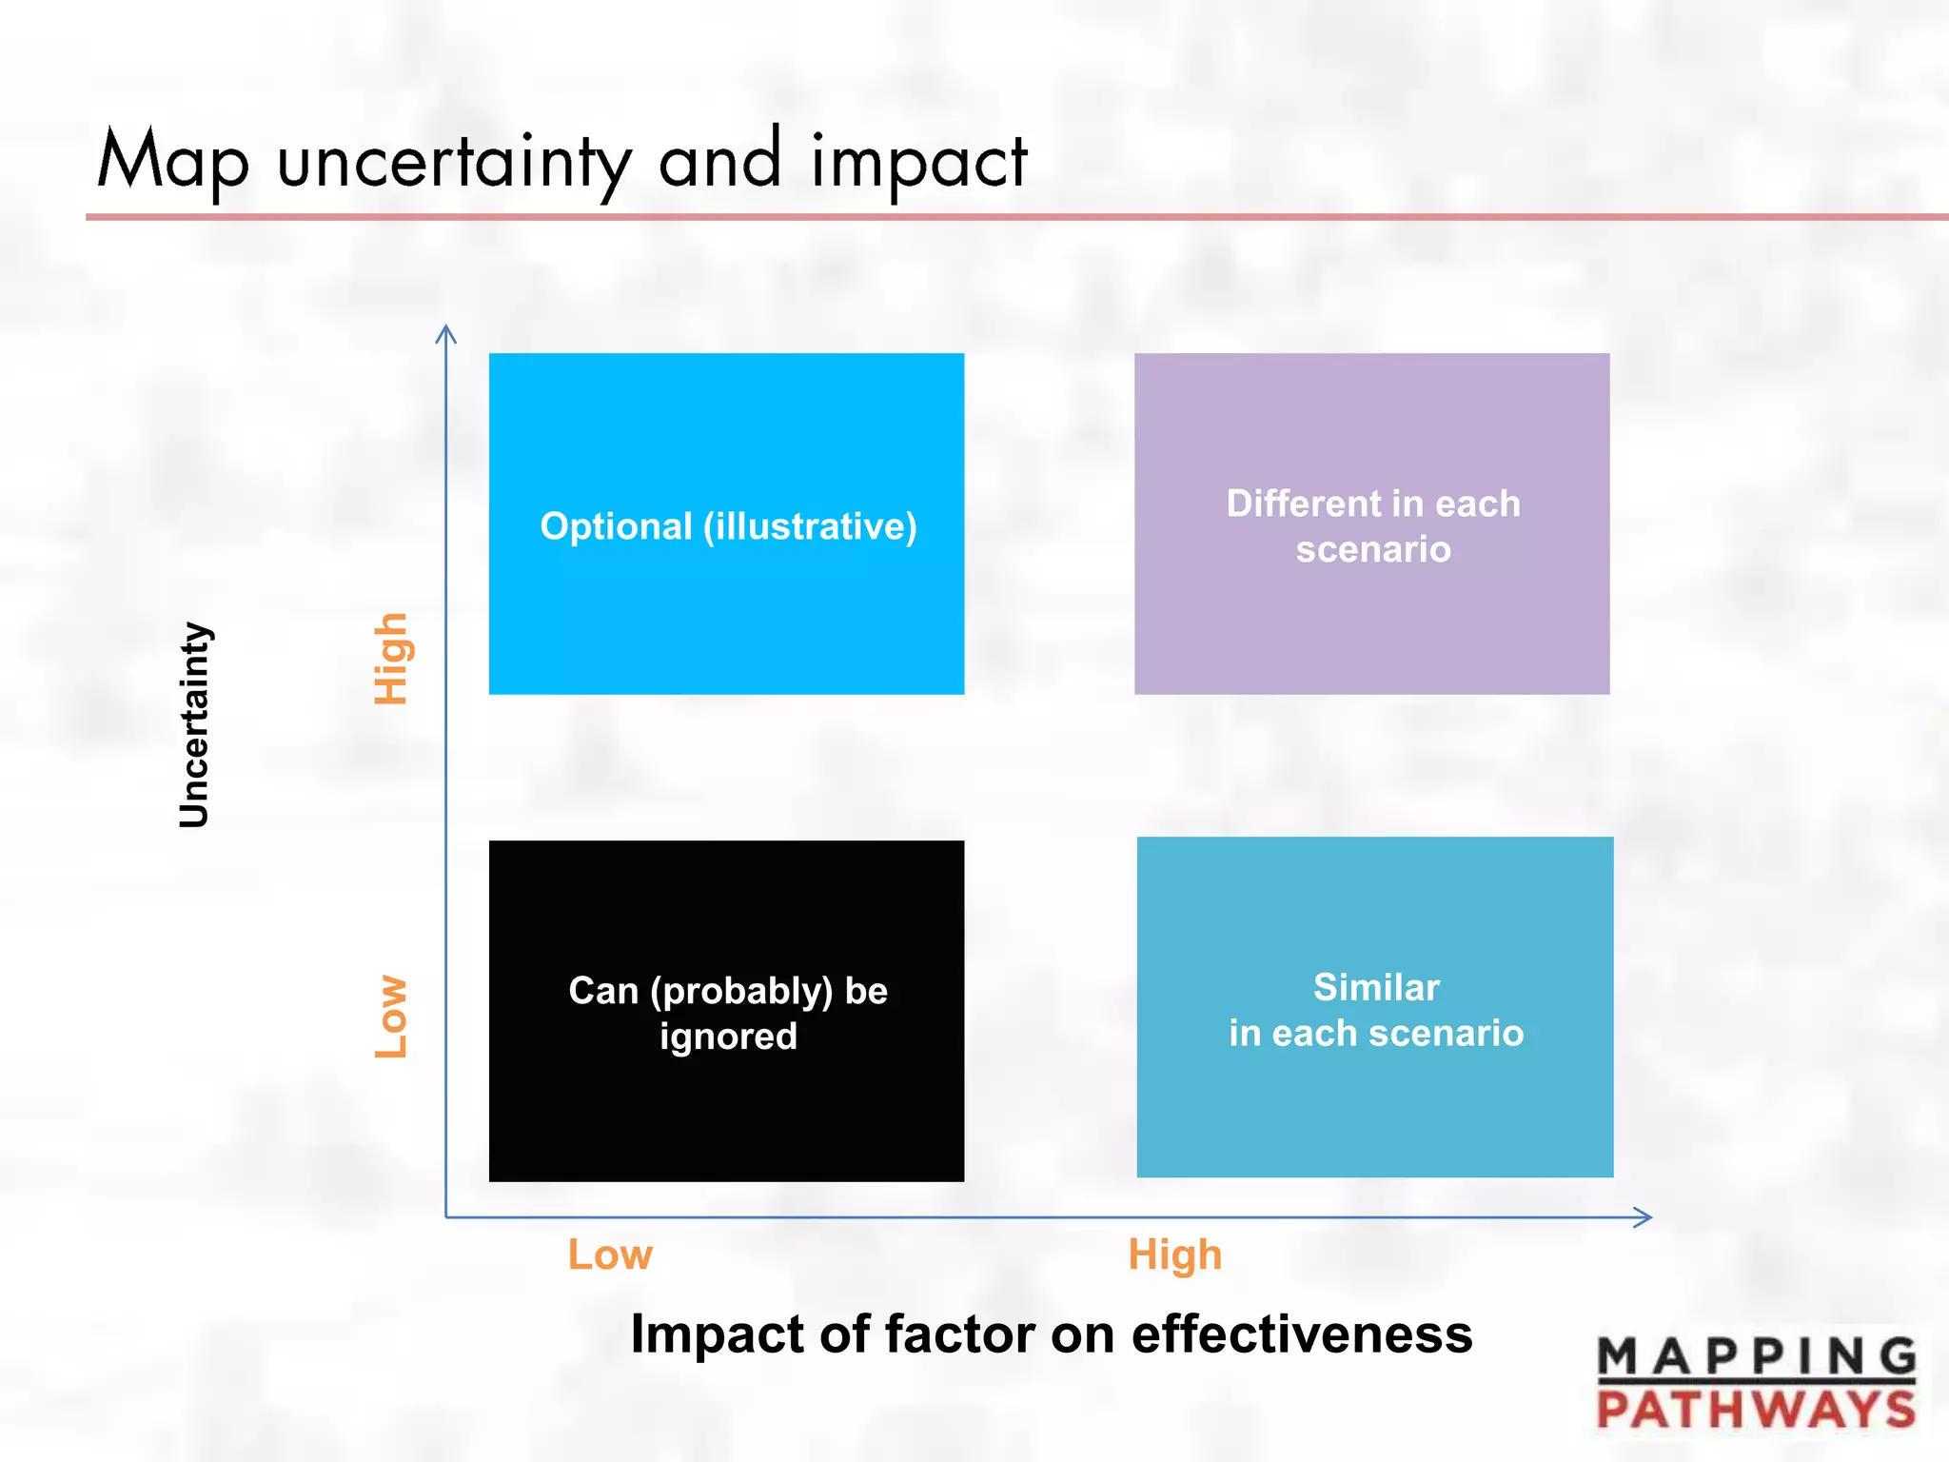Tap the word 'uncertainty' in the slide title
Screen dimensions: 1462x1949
[454, 162]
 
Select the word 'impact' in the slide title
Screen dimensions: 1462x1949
[918, 162]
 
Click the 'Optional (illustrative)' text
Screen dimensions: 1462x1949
[728, 526]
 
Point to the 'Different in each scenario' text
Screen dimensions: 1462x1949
[1372, 526]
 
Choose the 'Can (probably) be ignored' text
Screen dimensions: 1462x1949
[728, 1013]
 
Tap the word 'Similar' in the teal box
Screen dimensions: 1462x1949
[1376, 987]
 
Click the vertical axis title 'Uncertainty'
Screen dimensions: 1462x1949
[194, 724]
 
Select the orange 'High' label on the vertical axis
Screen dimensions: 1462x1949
[391, 659]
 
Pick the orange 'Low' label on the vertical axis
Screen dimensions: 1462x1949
[391, 1016]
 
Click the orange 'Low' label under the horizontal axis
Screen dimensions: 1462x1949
[610, 1255]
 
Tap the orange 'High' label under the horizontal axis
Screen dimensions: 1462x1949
[1174, 1255]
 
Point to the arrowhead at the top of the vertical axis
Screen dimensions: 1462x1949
[445, 333]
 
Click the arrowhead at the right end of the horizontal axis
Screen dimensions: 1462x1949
[1643, 1216]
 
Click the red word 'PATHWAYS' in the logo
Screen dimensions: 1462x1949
[1756, 1409]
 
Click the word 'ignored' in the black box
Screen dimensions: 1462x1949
[728, 1037]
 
